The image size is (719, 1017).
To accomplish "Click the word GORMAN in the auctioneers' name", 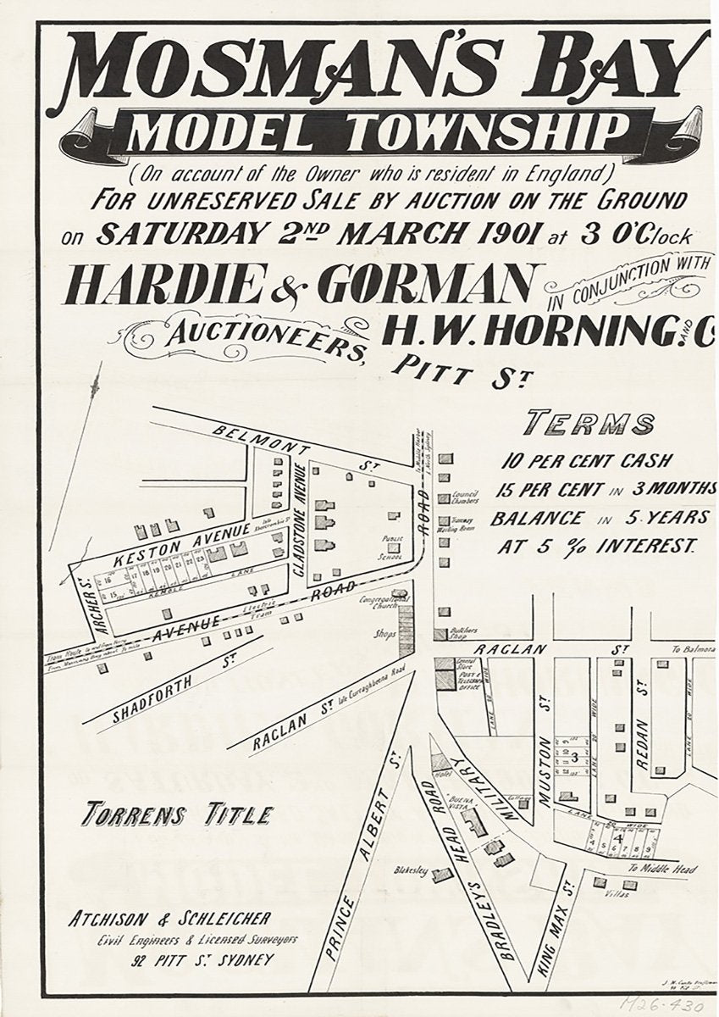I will coord(433,285).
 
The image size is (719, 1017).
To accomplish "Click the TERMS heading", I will coord(590,423).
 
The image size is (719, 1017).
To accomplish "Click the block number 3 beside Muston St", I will coord(574,756).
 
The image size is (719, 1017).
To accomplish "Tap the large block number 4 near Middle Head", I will coord(619,838).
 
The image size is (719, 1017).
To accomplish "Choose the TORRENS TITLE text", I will coord(177,815).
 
